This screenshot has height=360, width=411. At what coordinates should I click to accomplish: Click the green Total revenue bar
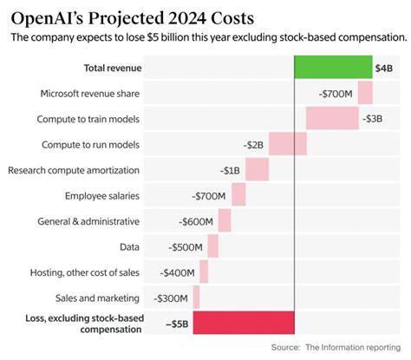click(332, 67)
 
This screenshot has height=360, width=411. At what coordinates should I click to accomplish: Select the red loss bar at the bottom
click(244, 323)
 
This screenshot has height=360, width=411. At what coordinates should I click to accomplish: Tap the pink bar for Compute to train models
click(332, 118)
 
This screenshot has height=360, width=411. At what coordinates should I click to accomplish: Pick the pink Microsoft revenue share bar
click(365, 93)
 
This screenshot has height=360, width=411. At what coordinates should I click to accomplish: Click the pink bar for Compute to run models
click(287, 144)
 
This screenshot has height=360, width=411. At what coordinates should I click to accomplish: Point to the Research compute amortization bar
click(257, 169)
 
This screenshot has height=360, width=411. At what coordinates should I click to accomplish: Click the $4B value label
click(384, 68)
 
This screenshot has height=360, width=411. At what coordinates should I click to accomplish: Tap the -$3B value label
click(374, 119)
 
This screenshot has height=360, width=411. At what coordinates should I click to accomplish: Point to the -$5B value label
click(178, 324)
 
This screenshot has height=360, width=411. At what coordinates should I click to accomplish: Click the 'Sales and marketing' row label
click(99, 297)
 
